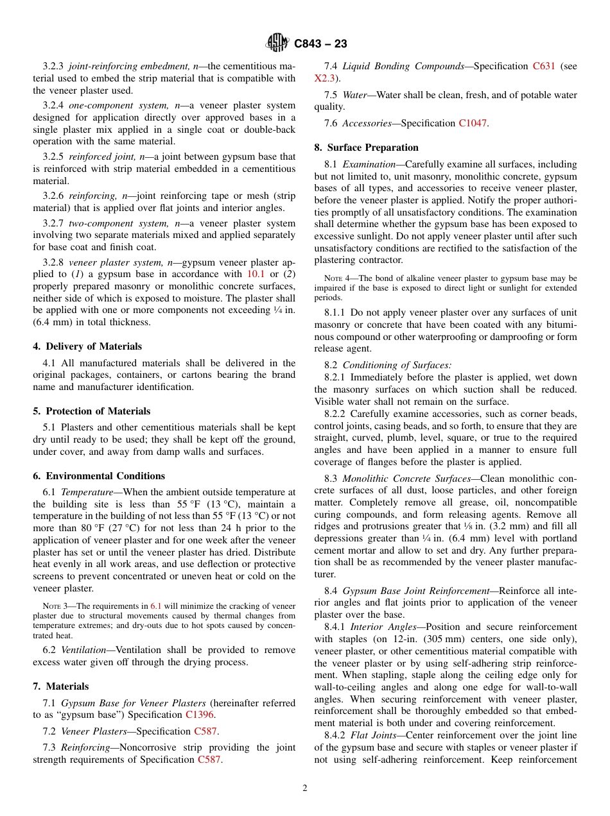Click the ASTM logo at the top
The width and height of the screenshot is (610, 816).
click(277, 43)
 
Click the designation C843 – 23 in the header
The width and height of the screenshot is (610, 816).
click(320, 44)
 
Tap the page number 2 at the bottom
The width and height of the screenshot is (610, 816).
click(305, 788)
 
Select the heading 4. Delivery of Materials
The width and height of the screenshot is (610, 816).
click(87, 346)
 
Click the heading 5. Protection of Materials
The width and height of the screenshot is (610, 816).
click(91, 411)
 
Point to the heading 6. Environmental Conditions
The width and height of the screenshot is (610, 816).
click(99, 476)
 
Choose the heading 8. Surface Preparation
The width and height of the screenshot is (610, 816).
click(366, 148)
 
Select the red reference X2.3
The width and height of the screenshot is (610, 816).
click(324, 78)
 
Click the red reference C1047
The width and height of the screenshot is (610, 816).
click(473, 123)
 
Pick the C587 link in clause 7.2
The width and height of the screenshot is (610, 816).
click(205, 731)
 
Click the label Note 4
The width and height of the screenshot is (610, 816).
click(336, 278)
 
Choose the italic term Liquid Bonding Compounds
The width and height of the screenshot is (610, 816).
click(403, 66)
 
